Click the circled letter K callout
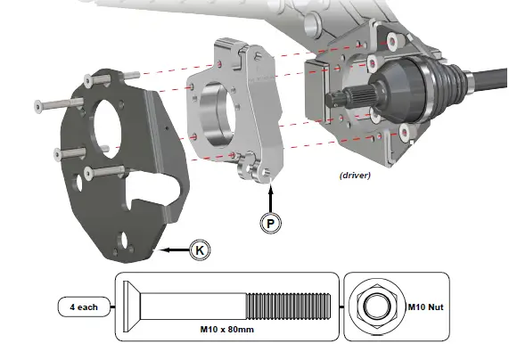coord(201,250)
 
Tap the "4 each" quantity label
coord(85,307)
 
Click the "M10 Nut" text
coord(425,307)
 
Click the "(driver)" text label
coord(355,175)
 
